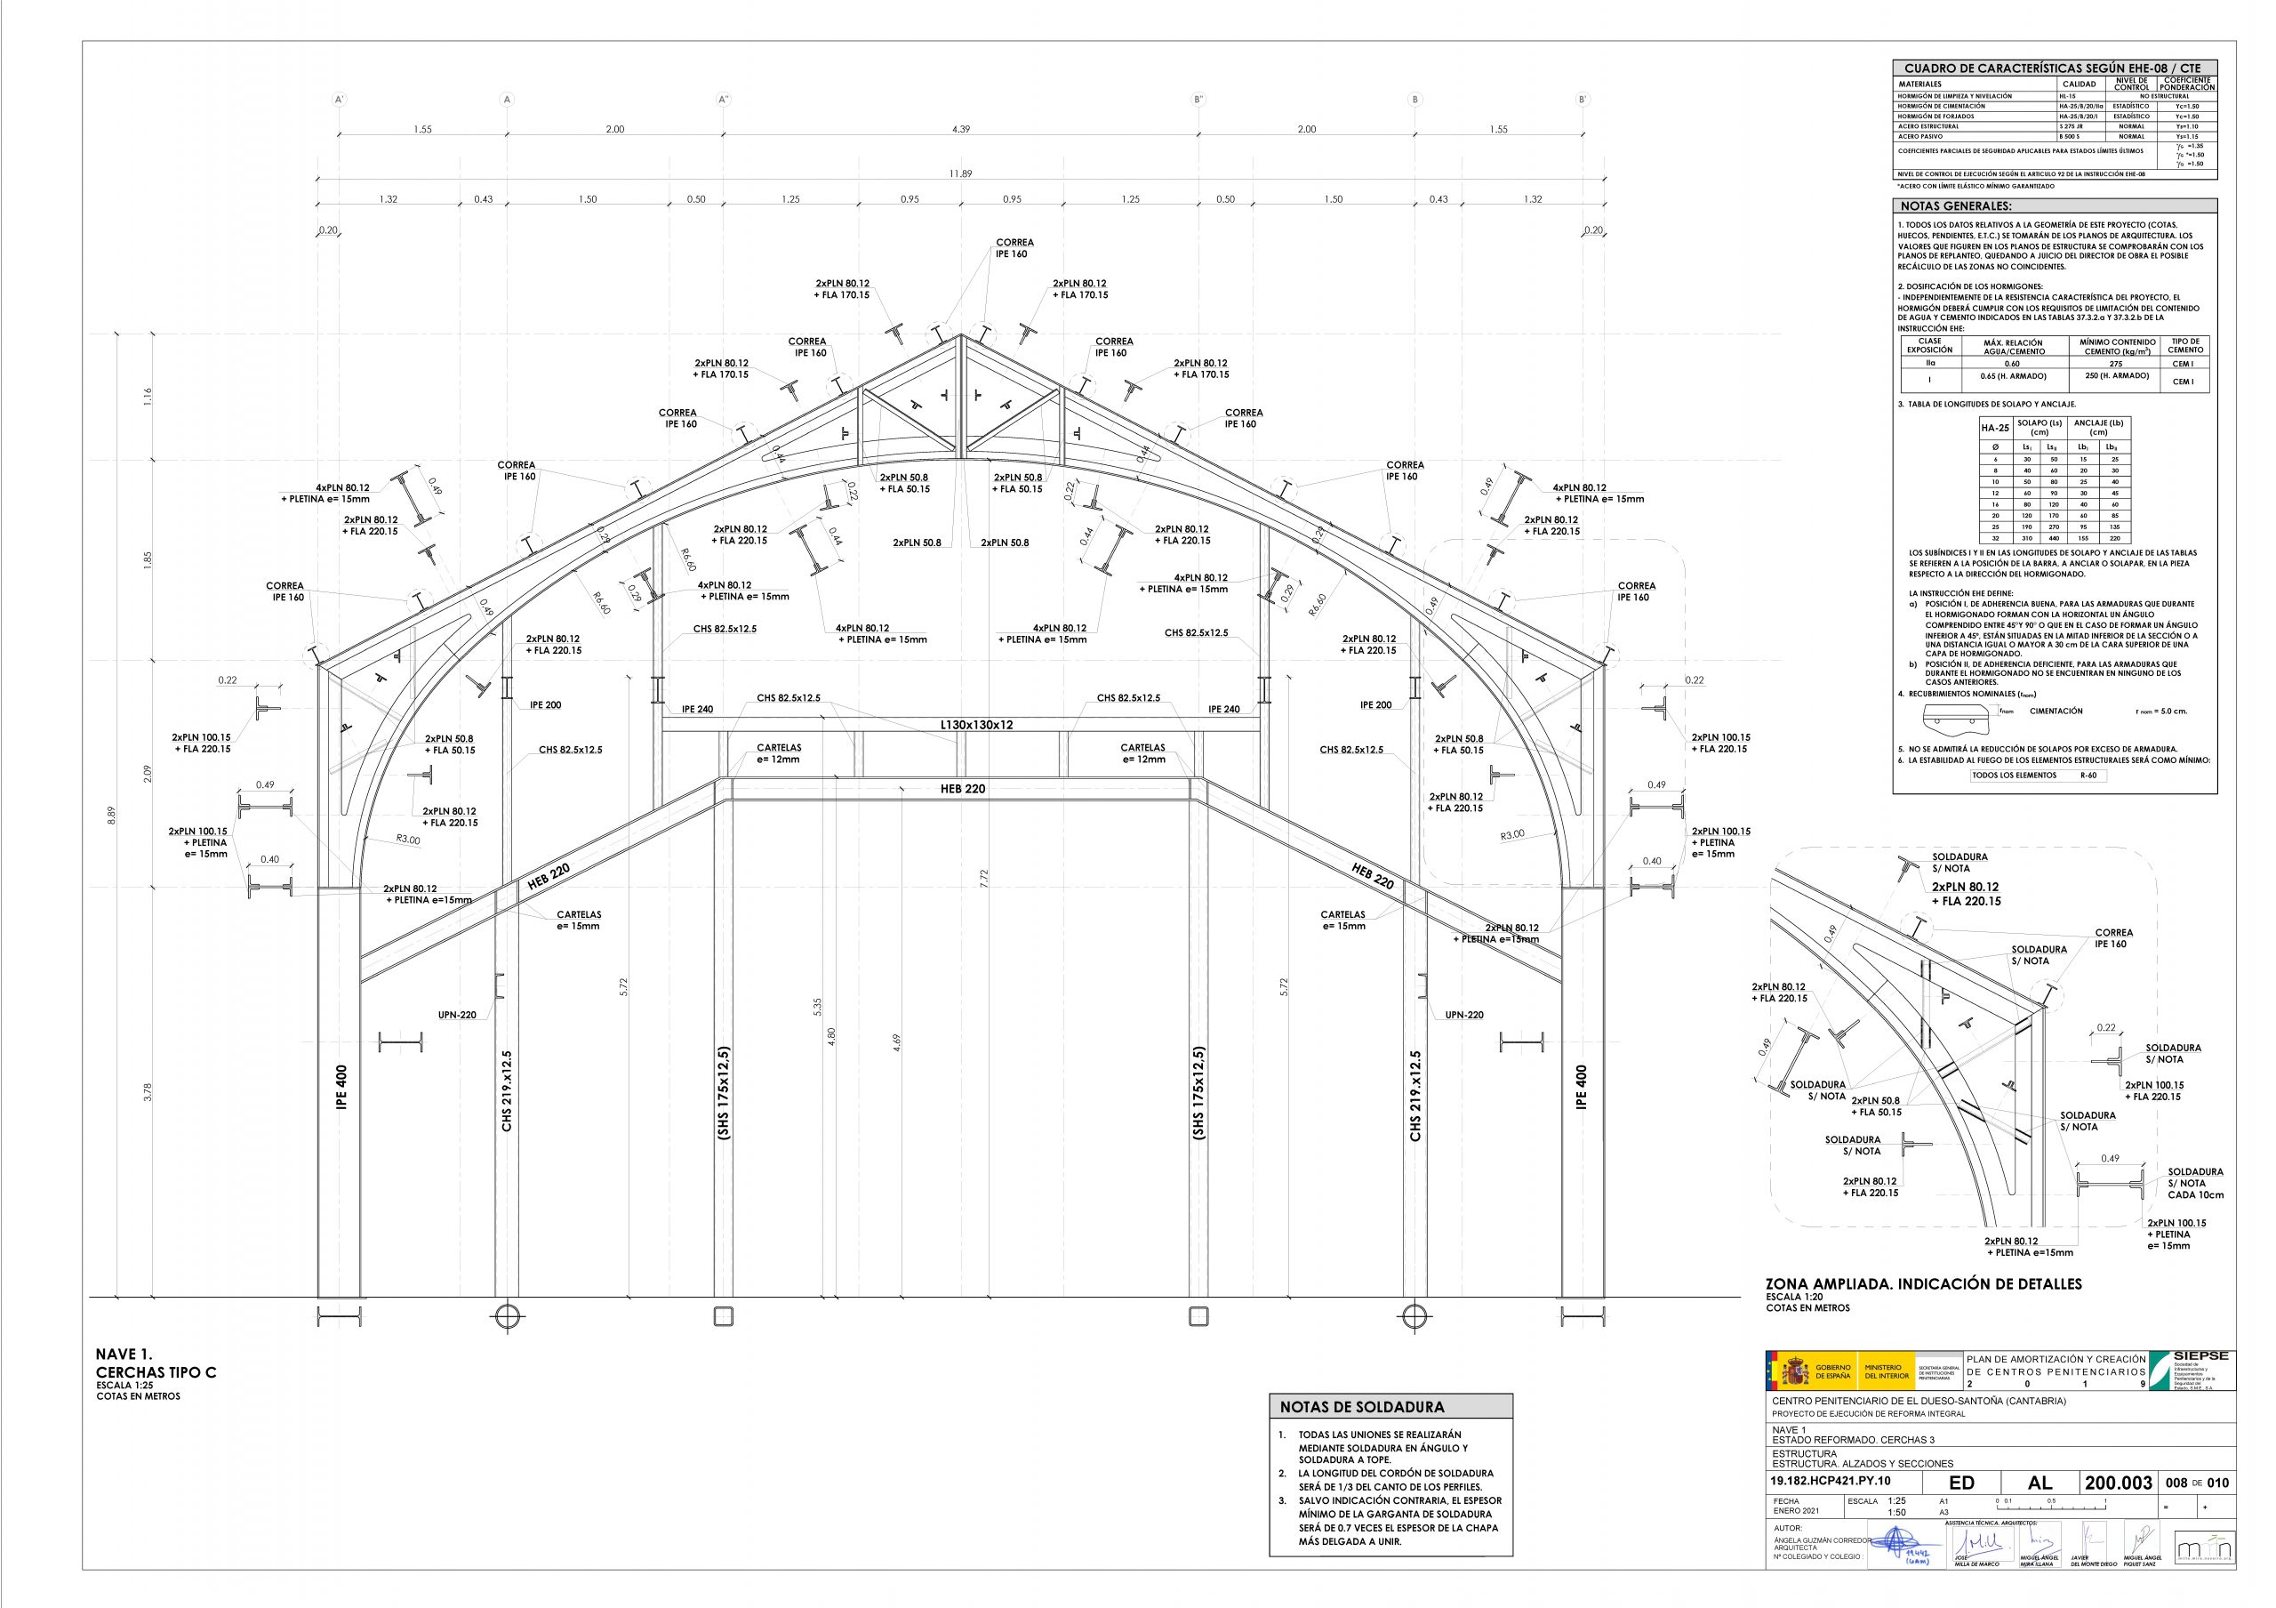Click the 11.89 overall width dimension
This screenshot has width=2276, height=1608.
point(959,173)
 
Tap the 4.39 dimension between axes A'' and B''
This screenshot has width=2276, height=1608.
point(959,129)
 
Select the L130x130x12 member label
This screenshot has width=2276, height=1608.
point(976,725)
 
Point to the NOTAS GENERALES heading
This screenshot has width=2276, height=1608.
point(1955,206)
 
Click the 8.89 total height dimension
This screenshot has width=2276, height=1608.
point(112,815)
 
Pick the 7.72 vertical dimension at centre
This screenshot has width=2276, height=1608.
point(983,877)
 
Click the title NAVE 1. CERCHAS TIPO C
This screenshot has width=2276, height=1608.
point(155,1363)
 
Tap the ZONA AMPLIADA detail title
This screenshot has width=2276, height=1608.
point(1923,1284)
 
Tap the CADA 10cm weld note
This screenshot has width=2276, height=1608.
point(2195,1194)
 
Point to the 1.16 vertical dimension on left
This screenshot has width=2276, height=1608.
point(148,397)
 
